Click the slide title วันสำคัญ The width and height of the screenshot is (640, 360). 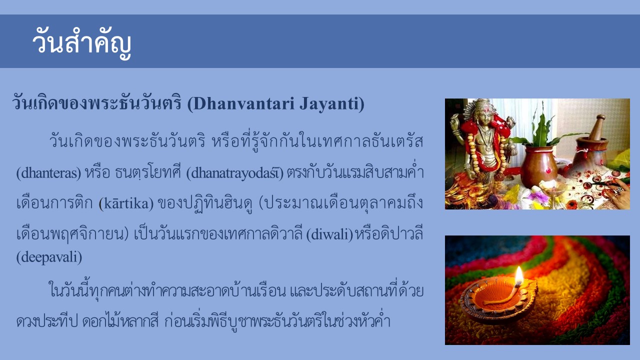81,43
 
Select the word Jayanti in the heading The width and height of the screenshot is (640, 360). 328,104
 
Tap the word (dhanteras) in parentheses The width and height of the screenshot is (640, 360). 49,173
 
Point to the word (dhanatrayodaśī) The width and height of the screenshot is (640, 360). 235,173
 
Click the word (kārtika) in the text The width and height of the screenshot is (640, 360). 126,203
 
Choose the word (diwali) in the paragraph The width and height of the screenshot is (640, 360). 329,234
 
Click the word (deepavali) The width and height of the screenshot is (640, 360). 49,257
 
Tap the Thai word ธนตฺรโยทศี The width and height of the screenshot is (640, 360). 148,172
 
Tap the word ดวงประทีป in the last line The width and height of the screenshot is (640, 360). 47,321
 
